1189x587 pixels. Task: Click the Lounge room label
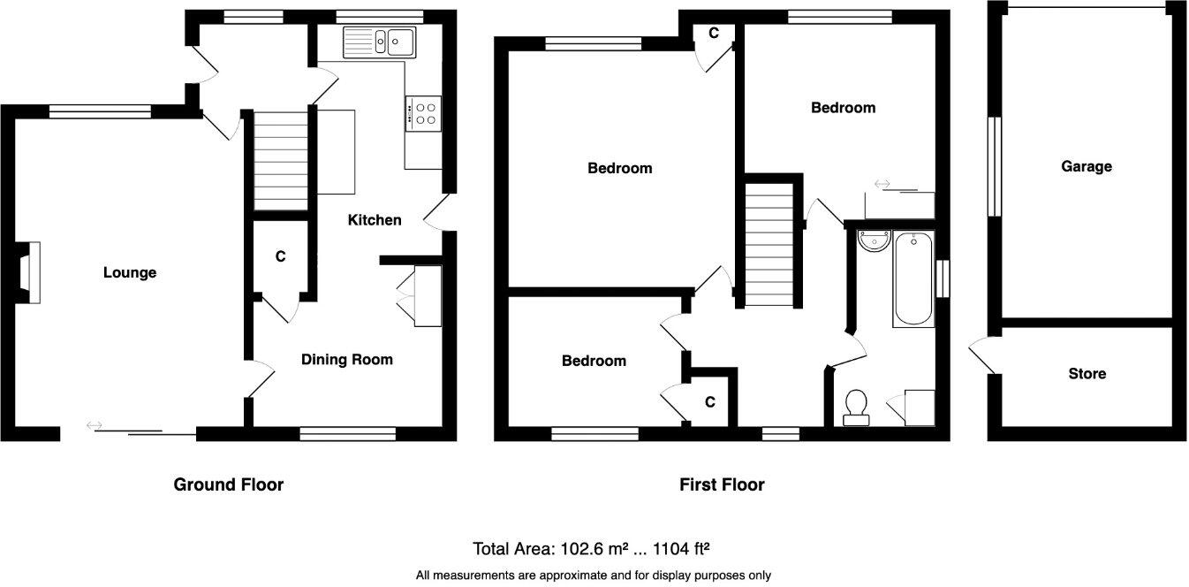pos(130,272)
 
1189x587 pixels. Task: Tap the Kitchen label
pos(375,220)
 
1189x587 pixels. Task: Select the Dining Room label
pos(346,359)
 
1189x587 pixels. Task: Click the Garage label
pos(1086,166)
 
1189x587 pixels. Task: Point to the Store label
pos(1087,374)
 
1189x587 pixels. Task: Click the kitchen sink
pos(381,42)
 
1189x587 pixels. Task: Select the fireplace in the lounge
pos(27,272)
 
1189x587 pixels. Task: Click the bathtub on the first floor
pos(913,278)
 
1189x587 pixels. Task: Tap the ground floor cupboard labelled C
pos(280,257)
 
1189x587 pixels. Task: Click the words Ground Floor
pos(228,484)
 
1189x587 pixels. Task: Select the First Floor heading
pos(722,484)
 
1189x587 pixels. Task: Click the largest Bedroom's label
pos(620,168)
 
